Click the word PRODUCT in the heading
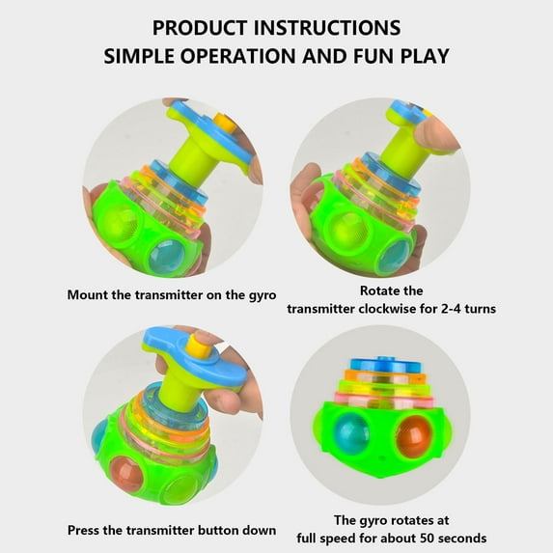click(200, 28)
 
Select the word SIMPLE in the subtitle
click(139, 56)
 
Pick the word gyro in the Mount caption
click(263, 295)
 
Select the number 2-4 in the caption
click(451, 309)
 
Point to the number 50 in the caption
click(427, 539)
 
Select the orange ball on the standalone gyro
click(414, 434)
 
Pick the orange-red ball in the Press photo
click(125, 474)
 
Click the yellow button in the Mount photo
click(223, 122)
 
